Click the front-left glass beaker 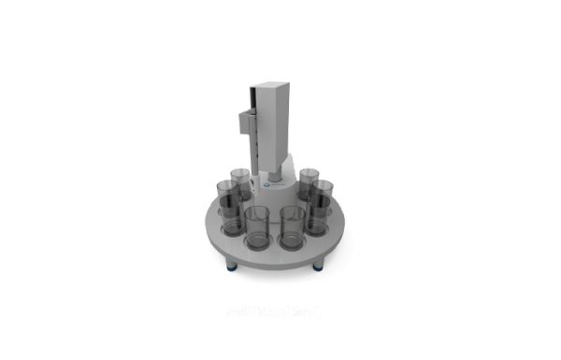tap(255, 228)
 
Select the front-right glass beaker tap(292, 228)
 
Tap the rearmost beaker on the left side tap(240, 182)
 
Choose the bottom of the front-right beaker tap(292, 246)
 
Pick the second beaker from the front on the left tap(228, 208)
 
